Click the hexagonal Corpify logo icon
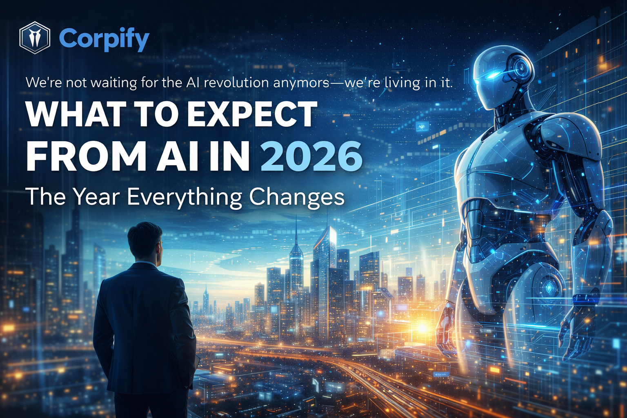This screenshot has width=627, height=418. pyautogui.click(x=35, y=38)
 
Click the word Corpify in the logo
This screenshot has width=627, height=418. pyautogui.click(x=104, y=39)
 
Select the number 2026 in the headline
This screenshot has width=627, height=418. pyautogui.click(x=311, y=156)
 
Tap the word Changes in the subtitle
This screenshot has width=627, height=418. pyautogui.click(x=297, y=197)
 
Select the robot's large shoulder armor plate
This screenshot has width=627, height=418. pyautogui.click(x=571, y=139)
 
